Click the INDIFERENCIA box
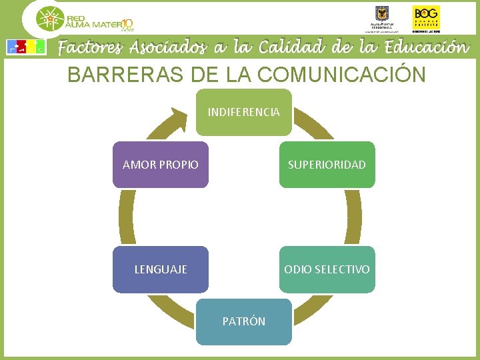[244, 112]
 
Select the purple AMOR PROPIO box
[161, 165]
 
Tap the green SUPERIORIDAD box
[327, 165]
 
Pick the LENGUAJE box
[161, 269]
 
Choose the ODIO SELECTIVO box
[327, 269]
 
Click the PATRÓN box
[244, 321]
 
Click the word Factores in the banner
[91, 48]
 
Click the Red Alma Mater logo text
[93, 22]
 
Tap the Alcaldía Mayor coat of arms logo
[381, 15]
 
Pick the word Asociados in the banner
[169, 48]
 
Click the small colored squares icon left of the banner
[25, 47]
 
